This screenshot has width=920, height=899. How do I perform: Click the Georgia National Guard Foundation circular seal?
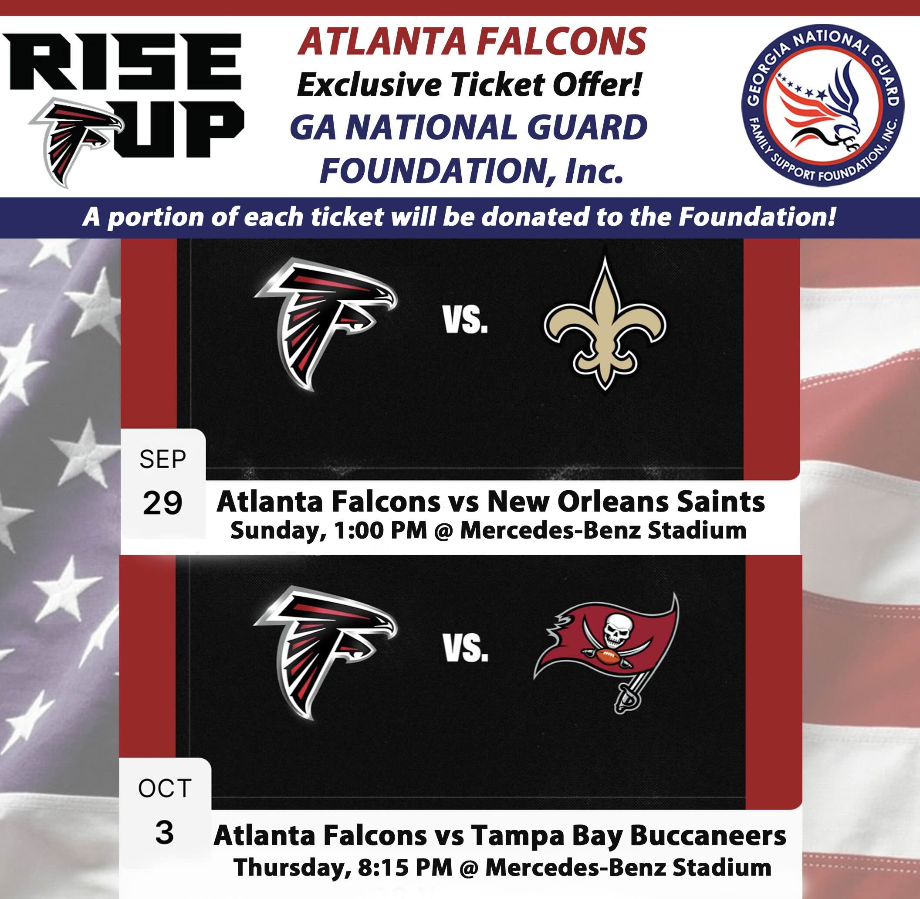click(x=823, y=105)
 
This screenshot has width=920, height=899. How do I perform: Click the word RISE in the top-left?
click(x=125, y=63)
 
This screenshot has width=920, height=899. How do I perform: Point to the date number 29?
click(x=162, y=503)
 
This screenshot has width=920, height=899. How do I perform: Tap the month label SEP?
click(x=163, y=459)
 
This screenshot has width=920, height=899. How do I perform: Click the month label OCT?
click(x=164, y=788)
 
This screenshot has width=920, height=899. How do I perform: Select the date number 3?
click(x=164, y=833)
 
